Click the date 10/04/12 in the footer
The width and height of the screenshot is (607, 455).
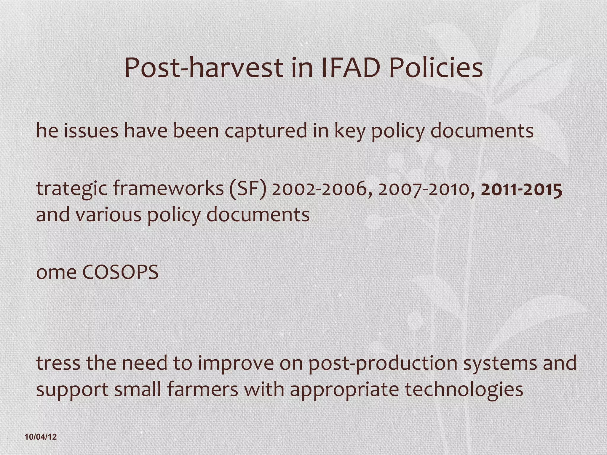tap(41, 437)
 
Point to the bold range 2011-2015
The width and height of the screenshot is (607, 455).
tap(522, 190)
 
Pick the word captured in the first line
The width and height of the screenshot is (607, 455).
tap(266, 131)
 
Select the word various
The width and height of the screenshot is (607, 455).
tap(108, 214)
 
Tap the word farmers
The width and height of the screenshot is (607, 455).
tap(203, 389)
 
